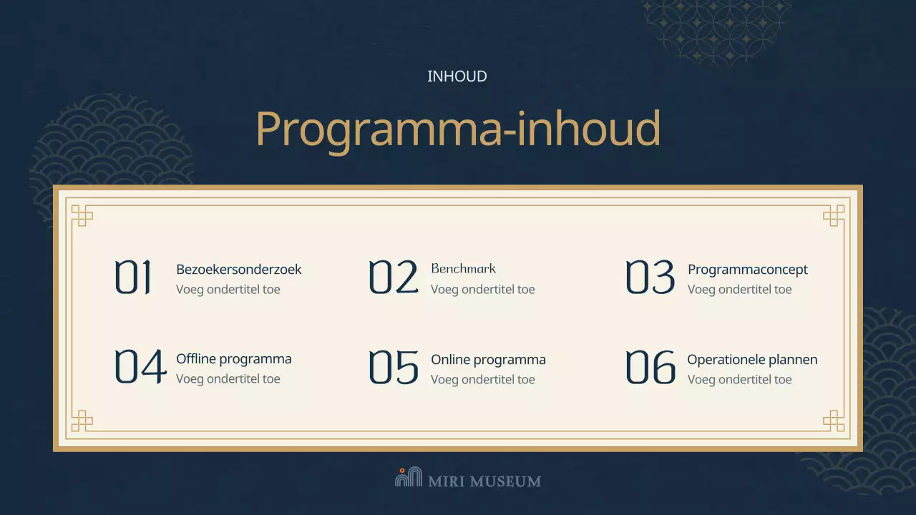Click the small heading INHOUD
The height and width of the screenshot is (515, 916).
pyautogui.click(x=457, y=77)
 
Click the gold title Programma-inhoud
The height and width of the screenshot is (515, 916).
pyautogui.click(x=457, y=129)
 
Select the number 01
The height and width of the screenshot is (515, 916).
pyautogui.click(x=134, y=278)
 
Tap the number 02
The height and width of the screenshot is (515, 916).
pyautogui.click(x=393, y=278)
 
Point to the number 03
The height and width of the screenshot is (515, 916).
pyautogui.click(x=650, y=278)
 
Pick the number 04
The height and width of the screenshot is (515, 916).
pyautogui.click(x=140, y=367)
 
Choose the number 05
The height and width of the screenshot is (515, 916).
pyautogui.click(x=393, y=367)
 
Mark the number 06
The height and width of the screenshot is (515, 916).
pyautogui.click(x=650, y=367)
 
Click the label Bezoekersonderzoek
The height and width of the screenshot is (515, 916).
pyautogui.click(x=238, y=270)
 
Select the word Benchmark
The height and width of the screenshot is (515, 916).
pyautogui.click(x=463, y=269)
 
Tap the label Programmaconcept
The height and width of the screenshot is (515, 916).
pyautogui.click(x=747, y=270)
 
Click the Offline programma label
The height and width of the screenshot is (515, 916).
pyautogui.click(x=233, y=359)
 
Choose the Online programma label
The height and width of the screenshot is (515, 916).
pyautogui.click(x=488, y=360)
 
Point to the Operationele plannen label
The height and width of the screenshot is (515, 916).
pyautogui.click(x=752, y=360)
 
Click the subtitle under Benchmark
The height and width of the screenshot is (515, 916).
pyautogui.click(x=482, y=290)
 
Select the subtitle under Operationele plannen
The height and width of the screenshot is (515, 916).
pyautogui.click(x=739, y=380)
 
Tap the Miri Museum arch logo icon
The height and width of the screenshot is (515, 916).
pyautogui.click(x=409, y=477)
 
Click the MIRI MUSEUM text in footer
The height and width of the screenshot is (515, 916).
pyautogui.click(x=484, y=481)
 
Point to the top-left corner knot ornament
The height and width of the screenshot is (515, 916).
pyautogui.click(x=82, y=215)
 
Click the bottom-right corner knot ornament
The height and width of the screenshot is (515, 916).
pyautogui.click(x=834, y=421)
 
